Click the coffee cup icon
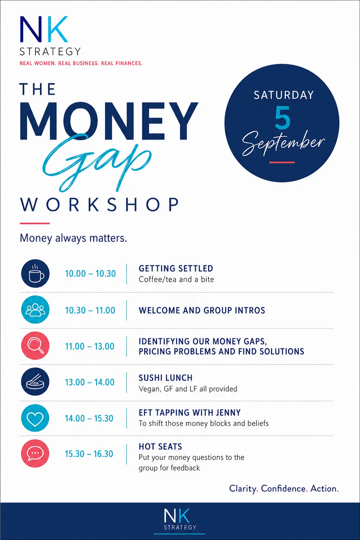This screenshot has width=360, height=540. [35, 273]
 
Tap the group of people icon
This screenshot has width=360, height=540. [35, 310]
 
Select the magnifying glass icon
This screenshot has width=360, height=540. [35, 346]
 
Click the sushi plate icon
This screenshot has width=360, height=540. [35, 382]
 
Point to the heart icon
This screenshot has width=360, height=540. [35, 418]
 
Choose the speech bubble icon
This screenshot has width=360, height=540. [35, 453]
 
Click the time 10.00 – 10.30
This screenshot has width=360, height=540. [90, 274]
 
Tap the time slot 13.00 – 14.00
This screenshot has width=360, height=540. [90, 382]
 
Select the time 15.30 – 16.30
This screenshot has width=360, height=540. [89, 454]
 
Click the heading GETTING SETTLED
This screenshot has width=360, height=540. [176, 268]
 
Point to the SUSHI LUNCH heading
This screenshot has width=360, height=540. [166, 378]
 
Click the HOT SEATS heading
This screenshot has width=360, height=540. [160, 447]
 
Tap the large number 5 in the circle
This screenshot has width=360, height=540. [282, 118]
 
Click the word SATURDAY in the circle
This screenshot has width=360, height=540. [284, 95]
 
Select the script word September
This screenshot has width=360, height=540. [283, 143]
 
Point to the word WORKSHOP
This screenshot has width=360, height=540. [100, 205]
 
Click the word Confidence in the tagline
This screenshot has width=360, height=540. [283, 489]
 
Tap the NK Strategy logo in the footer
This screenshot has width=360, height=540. [180, 519]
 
